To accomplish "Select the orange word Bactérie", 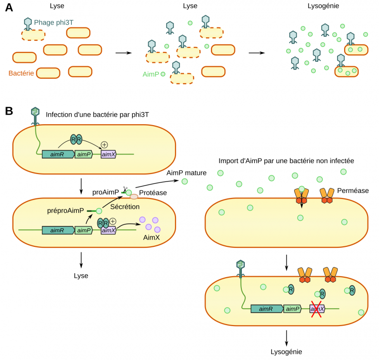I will pos(21,73).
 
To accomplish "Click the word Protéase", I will pos(153,193).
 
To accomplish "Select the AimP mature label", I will pos(187,172).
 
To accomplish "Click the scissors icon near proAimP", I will pos(126,188).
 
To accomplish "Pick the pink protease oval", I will pos(134,196).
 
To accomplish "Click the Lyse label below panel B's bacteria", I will pos(81,275).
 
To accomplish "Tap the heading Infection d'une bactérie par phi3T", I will pos(97,115).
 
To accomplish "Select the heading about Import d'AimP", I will pos(286,161).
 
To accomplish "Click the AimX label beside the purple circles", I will pos(152,238).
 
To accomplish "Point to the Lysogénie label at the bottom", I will pos(286,352).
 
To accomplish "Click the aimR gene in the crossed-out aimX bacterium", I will pos(266,309).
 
